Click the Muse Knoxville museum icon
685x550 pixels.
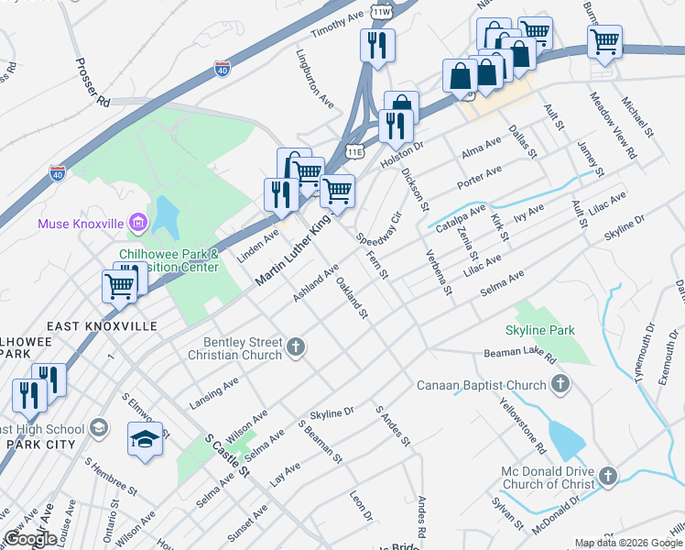click(x=138, y=223)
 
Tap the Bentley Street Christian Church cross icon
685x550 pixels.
click(x=295, y=346)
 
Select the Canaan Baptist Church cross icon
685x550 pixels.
click(x=561, y=384)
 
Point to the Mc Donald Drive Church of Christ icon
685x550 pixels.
click(x=608, y=476)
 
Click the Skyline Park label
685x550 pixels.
click(x=539, y=329)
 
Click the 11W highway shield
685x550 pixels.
click(x=382, y=11)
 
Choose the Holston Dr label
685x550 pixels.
click(x=403, y=146)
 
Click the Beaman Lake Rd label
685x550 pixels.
click(x=520, y=352)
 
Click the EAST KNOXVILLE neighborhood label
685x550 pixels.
click(x=102, y=326)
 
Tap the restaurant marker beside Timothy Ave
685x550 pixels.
click(x=376, y=44)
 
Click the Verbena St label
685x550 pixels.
click(x=437, y=272)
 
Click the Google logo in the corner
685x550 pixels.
click(x=30, y=539)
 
